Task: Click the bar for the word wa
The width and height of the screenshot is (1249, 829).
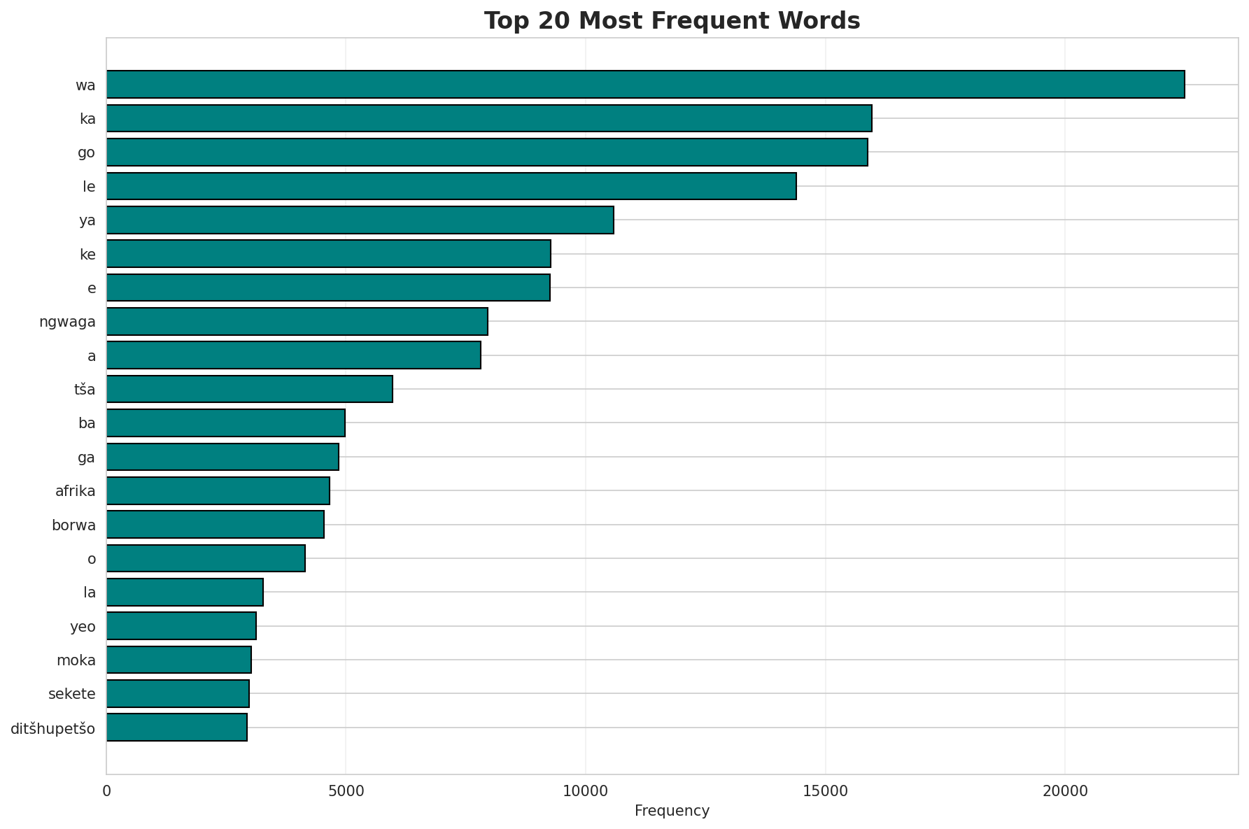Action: click(645, 85)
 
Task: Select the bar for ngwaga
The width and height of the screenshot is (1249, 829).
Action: click(297, 321)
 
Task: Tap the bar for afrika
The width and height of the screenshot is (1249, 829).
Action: click(218, 490)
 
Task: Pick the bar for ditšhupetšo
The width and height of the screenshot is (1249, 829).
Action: click(176, 728)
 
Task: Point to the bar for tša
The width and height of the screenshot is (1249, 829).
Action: click(249, 389)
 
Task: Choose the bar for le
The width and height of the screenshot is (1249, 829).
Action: click(451, 186)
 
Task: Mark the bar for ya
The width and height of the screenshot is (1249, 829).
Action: click(360, 220)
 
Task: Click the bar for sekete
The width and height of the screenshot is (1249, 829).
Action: click(178, 693)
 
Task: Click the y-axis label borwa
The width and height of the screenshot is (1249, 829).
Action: click(73, 525)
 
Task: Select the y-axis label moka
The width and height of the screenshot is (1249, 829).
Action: click(76, 660)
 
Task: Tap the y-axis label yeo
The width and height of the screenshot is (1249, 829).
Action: click(83, 627)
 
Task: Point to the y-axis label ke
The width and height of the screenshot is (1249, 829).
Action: click(87, 255)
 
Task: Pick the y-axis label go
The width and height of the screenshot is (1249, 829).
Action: click(86, 153)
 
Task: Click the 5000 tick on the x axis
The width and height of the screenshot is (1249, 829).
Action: click(346, 791)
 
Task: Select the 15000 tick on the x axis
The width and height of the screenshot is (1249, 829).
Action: click(825, 791)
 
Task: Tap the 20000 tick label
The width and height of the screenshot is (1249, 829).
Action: click(1064, 791)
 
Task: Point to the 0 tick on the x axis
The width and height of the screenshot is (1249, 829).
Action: click(106, 791)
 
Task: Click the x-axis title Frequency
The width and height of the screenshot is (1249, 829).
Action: click(672, 811)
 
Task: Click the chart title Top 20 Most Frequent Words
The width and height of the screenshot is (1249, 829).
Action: click(672, 21)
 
